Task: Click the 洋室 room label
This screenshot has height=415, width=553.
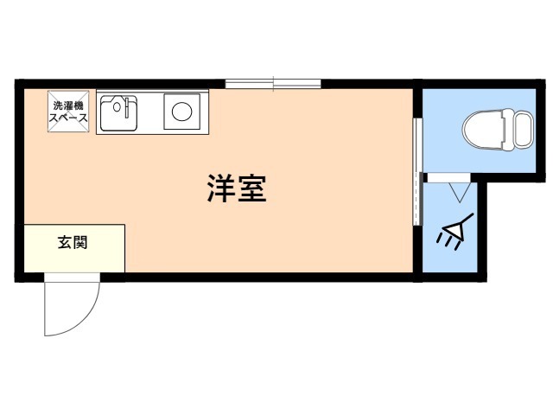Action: tap(237, 188)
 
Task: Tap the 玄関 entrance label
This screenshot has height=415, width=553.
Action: tap(73, 243)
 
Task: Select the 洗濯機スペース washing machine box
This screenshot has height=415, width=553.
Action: tap(68, 112)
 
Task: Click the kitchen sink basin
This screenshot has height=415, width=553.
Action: tap(118, 112)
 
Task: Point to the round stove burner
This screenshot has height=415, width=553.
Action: tap(182, 112)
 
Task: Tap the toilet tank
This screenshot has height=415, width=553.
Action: tap(523, 130)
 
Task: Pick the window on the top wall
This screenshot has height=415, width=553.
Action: tap(273, 84)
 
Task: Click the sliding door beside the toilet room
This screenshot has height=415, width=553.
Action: tap(418, 171)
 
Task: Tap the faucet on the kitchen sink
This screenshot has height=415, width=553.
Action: tap(126, 105)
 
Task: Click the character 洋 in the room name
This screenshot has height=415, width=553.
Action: tap(221, 188)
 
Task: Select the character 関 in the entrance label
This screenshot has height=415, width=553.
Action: tap(80, 243)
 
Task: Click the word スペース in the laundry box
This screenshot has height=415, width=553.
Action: tap(68, 118)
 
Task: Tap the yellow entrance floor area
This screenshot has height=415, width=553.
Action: tap(74, 248)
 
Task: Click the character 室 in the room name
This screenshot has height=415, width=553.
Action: tap(252, 188)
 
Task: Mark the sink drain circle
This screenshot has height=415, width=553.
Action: tap(117, 106)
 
